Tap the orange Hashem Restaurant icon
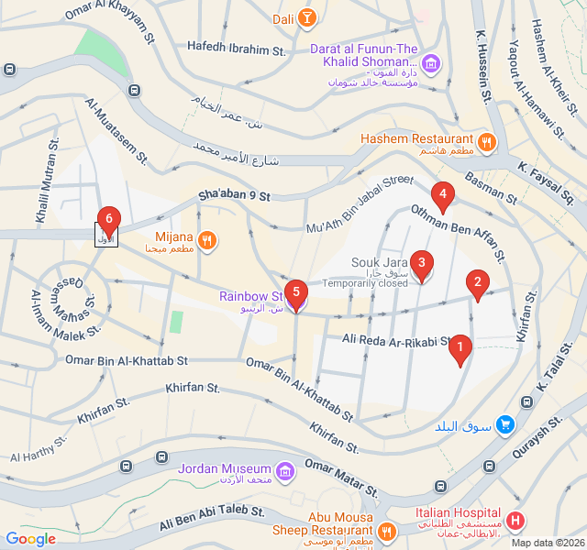coord(486,143)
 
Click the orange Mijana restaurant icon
coord(207,240)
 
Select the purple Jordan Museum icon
coord(286,471)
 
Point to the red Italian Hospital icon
coord(515,521)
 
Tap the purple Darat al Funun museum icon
coord(431,63)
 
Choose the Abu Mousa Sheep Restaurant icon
coord(386,532)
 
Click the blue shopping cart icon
coord(504,424)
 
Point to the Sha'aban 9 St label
coord(236,196)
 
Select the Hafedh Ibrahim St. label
coord(237,46)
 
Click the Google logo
coord(31,539)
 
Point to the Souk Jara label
coord(379,263)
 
